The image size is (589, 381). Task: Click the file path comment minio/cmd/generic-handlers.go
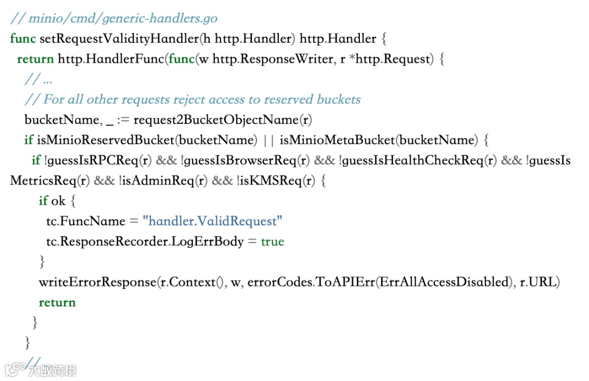[114, 19]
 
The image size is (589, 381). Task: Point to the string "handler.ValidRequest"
[213, 221]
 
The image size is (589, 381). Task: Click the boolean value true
[272, 241]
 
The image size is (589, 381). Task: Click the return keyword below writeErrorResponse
[57, 303]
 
